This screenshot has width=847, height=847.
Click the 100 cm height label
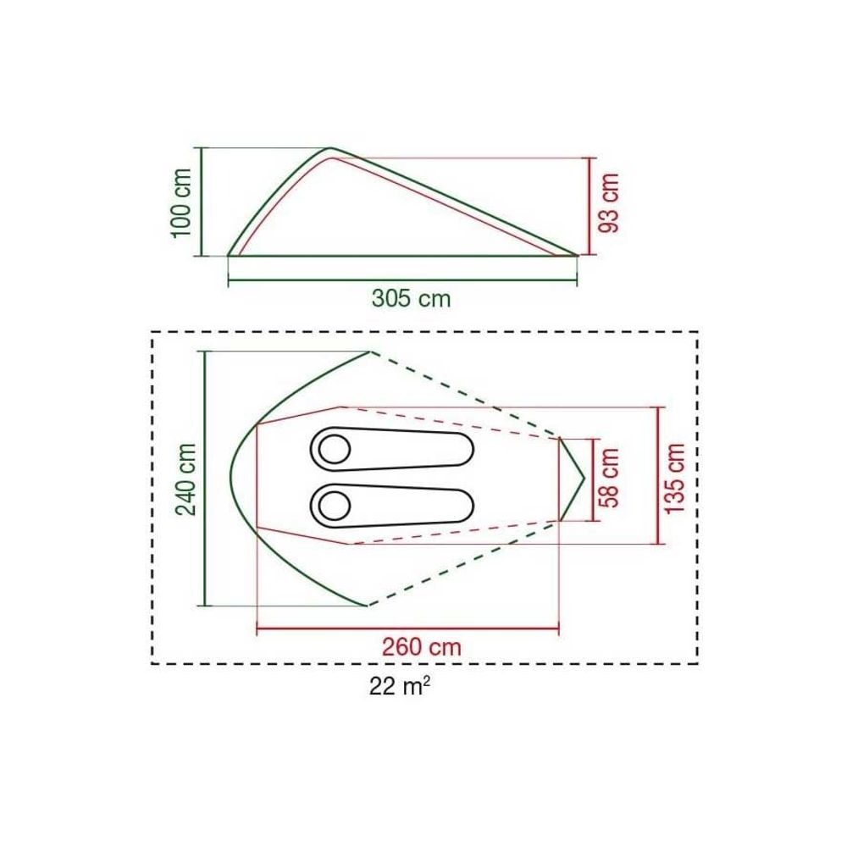[181, 202]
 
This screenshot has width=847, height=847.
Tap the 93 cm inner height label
[609, 203]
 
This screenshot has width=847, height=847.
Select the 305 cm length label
[411, 298]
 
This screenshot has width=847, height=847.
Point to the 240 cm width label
[186, 479]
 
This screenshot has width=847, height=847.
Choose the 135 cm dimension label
[675, 478]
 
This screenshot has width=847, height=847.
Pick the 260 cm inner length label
[422, 646]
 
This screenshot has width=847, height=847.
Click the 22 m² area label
[400, 687]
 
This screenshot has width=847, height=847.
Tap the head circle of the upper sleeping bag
[335, 449]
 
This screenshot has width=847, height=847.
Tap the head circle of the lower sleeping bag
[335, 507]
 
